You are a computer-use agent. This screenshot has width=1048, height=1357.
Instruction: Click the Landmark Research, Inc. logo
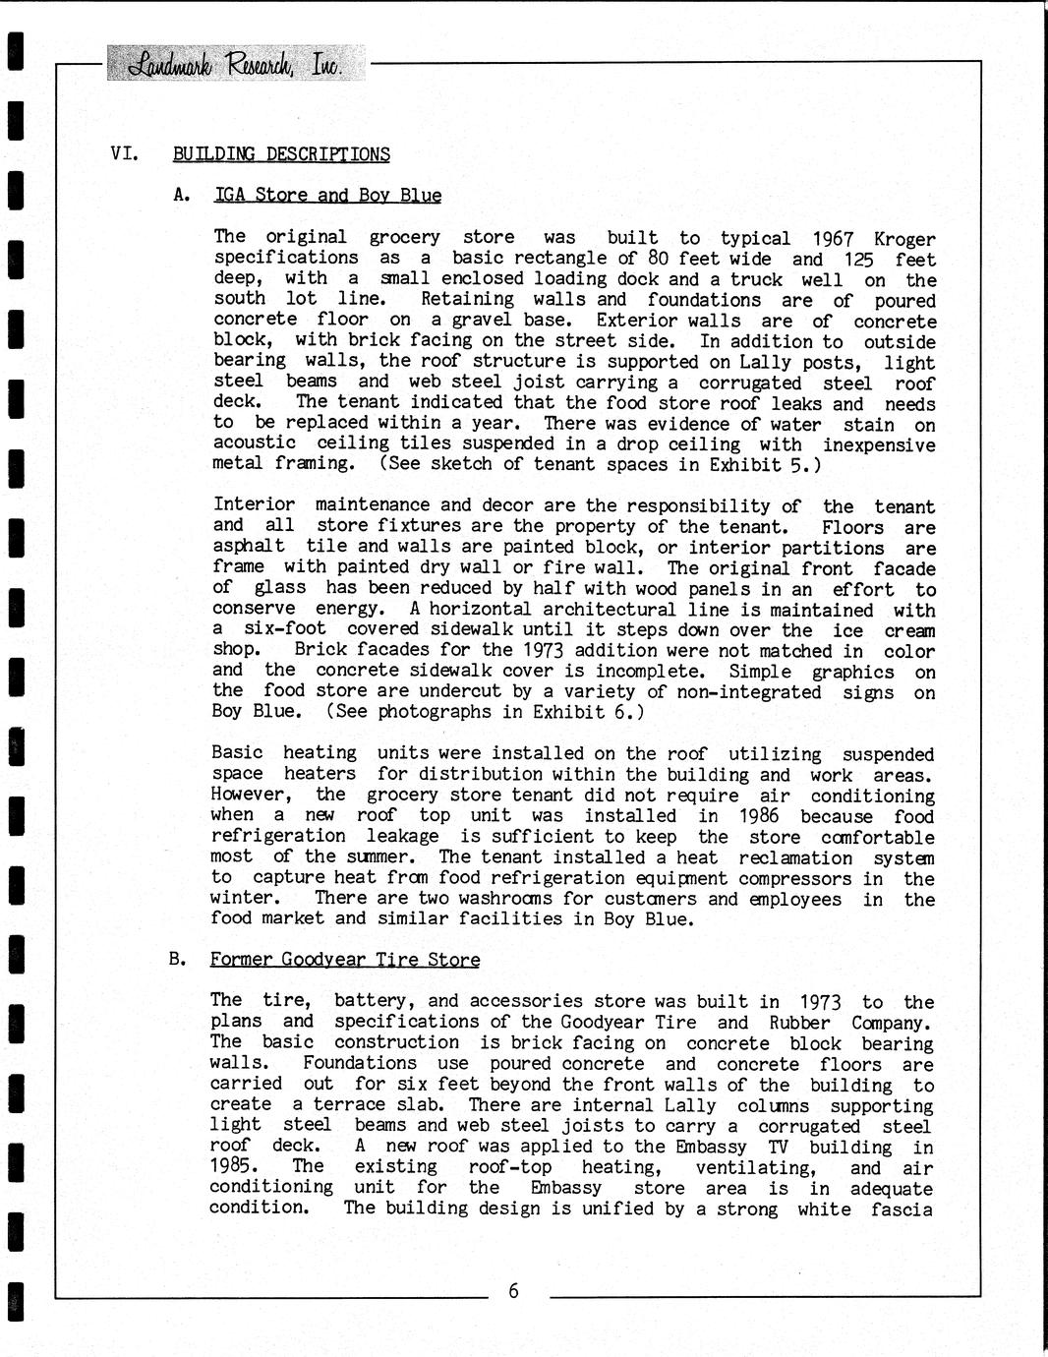[x=234, y=65]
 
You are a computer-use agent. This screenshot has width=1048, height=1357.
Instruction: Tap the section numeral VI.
[x=123, y=153]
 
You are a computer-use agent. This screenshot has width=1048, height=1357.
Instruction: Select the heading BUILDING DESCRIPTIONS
[x=281, y=154]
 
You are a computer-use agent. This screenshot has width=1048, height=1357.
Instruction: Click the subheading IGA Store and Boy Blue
[x=327, y=195]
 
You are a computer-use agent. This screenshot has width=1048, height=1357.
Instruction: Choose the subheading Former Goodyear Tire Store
[x=345, y=960]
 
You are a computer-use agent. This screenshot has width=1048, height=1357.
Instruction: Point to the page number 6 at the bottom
[x=513, y=1291]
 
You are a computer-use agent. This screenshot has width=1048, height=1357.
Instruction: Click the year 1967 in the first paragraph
[x=834, y=239]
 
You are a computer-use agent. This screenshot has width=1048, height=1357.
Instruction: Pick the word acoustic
[x=254, y=443]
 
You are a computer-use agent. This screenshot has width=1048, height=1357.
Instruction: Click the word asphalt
[x=249, y=547]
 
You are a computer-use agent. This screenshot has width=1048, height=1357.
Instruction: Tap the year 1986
[x=757, y=816]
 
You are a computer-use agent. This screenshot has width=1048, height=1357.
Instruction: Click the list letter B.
[x=177, y=959]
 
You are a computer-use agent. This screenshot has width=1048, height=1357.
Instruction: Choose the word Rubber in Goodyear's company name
[x=799, y=1023]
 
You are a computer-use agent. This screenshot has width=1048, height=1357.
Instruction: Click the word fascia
[x=902, y=1209]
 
